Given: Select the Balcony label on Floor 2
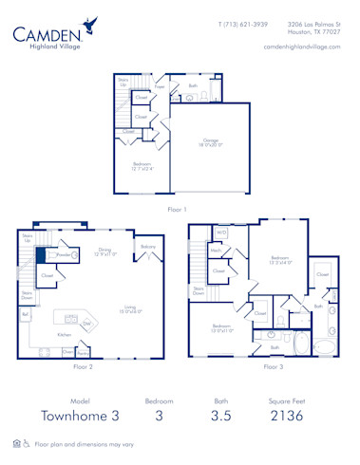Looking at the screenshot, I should click(x=148, y=246).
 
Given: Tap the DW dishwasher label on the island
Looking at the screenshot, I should click(x=86, y=323).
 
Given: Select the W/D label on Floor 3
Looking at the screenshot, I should click(x=221, y=231).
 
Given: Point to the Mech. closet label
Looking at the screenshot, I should click(x=216, y=251).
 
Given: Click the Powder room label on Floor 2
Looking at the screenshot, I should click(x=64, y=254).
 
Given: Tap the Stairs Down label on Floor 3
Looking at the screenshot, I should click(x=199, y=290).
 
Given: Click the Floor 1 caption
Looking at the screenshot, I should click(x=177, y=209).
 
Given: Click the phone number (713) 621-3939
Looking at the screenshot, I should click(x=243, y=24).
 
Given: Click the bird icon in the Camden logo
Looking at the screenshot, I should click(x=90, y=23).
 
